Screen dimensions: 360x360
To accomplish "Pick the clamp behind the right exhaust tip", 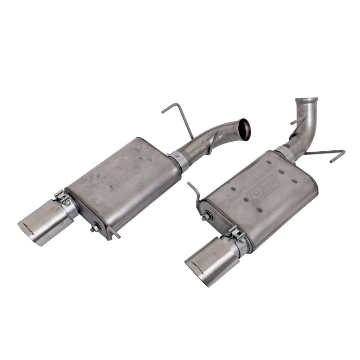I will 238,238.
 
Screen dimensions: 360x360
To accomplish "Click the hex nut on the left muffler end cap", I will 94,229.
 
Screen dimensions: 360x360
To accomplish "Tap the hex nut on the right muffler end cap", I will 205,217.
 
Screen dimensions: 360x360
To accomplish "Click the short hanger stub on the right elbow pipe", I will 297,121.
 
